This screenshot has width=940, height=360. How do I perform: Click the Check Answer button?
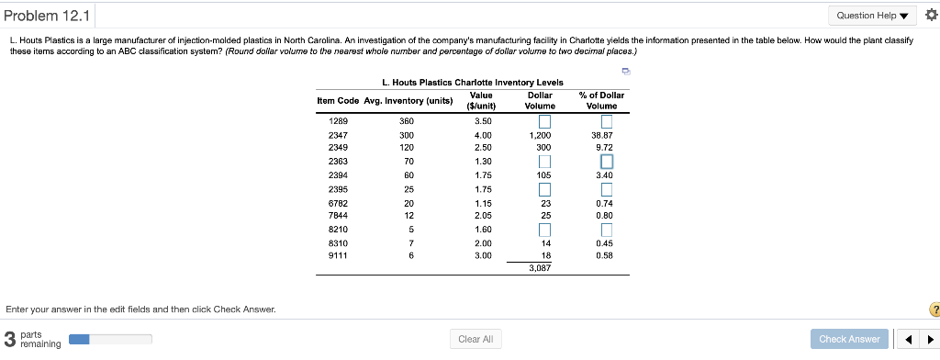pos(849,339)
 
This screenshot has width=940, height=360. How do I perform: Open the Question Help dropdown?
pos(873,16)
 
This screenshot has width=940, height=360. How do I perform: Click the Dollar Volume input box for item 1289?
pos(544,121)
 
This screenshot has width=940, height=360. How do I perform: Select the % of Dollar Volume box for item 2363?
pos(605,163)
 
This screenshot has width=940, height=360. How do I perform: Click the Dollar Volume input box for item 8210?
pos(544,229)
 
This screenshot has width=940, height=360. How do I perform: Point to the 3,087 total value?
pos(540,268)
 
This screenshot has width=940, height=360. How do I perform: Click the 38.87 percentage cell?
pos(604,135)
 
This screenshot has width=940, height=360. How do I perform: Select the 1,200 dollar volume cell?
pos(540,135)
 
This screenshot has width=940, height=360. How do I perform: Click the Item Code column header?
pos(337,100)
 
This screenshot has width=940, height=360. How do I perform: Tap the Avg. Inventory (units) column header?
pos(409,100)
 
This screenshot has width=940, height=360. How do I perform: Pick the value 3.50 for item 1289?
pos(482,121)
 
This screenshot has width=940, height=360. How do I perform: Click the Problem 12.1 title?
pos(47,16)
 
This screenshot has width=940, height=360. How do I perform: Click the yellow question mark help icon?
pos(933,309)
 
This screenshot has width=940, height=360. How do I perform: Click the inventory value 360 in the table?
pos(407,121)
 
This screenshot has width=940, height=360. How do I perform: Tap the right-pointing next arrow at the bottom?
pos(927,339)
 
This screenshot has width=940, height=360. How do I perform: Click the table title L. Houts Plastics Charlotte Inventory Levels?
pos(473,83)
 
